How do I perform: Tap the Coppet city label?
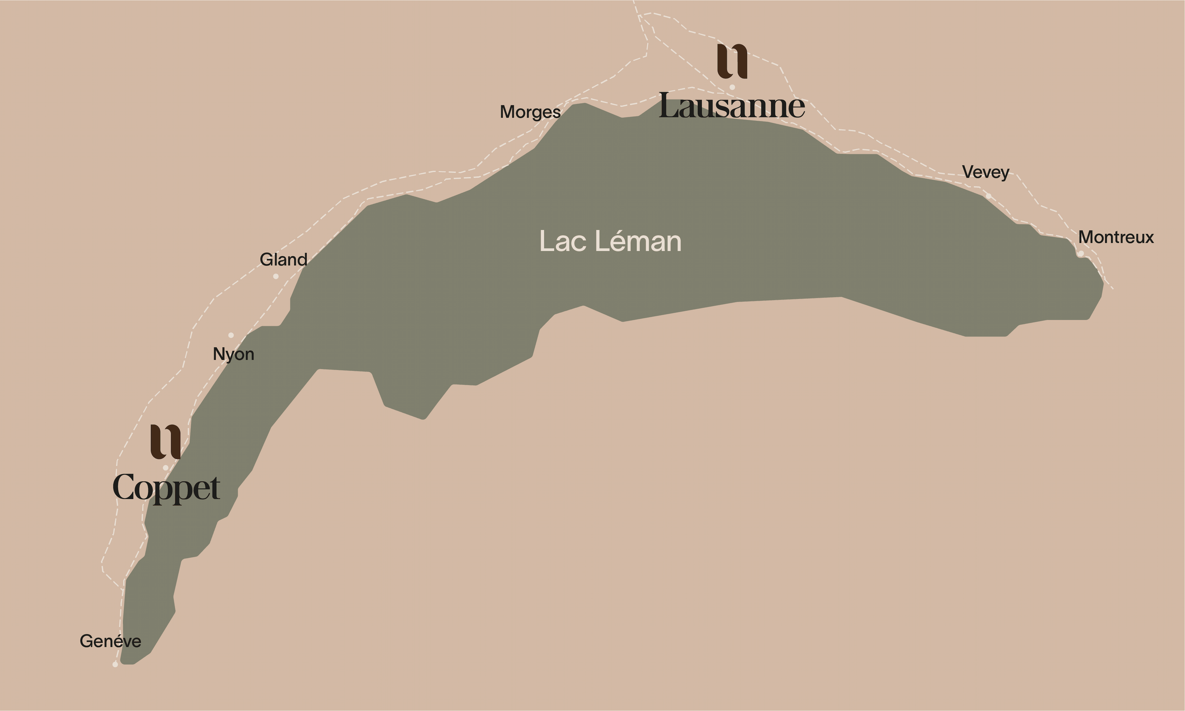click(x=166, y=487)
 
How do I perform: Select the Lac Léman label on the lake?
click(x=610, y=241)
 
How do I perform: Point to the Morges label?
click(x=530, y=112)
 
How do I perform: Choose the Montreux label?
click(x=1116, y=237)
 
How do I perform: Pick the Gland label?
click(x=283, y=259)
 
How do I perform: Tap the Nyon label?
click(x=233, y=354)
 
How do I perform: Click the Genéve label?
click(x=110, y=641)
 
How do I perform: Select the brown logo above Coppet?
click(x=166, y=441)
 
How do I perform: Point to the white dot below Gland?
click(x=276, y=276)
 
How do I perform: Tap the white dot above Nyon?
click(x=231, y=335)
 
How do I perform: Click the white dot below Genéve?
click(x=115, y=664)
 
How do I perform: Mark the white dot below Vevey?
click(x=988, y=196)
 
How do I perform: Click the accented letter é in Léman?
click(x=616, y=241)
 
